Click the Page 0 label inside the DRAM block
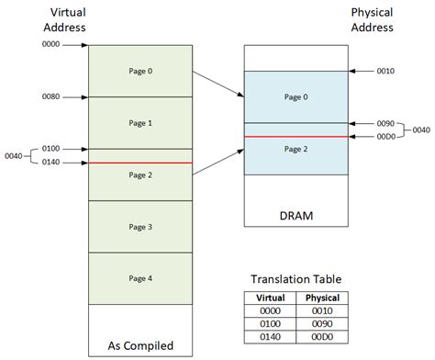pos(296,96)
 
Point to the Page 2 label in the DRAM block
pos(296,148)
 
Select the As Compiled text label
pos(140,346)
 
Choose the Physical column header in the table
pos(321,298)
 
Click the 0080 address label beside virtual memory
pos(51,96)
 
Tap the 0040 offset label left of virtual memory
pos(14,155)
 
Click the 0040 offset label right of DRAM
pos(421,129)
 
